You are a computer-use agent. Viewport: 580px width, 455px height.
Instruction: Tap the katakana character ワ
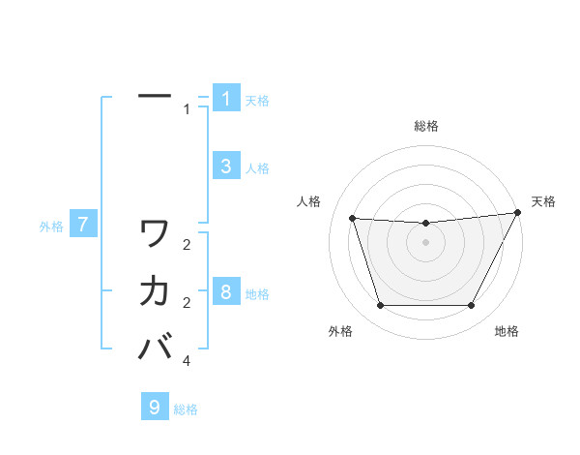[x=155, y=233]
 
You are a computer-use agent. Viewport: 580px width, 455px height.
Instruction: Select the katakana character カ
[x=155, y=290]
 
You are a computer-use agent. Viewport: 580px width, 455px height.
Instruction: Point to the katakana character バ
[x=156, y=346]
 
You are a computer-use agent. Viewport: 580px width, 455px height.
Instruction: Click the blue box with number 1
[x=225, y=99]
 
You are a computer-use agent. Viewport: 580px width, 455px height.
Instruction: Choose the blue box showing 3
[x=225, y=167]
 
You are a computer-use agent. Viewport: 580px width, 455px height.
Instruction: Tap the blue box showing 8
[x=225, y=292]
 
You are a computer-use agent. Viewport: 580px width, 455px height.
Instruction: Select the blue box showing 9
[x=154, y=408]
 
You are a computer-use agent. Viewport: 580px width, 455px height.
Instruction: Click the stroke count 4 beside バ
[x=187, y=361]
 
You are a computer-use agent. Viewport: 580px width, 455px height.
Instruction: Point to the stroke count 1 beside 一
[x=187, y=109]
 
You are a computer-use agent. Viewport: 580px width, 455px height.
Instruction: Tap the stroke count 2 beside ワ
[x=187, y=246]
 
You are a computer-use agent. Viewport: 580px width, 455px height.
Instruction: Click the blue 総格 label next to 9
[x=186, y=409]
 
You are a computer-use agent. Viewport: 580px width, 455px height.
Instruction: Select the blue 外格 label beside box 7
[x=51, y=227]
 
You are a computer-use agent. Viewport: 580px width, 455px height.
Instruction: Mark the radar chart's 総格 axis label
[x=425, y=126]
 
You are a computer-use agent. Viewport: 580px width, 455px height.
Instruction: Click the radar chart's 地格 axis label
[x=507, y=332]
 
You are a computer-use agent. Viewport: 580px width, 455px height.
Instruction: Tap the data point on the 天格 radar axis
[x=518, y=213]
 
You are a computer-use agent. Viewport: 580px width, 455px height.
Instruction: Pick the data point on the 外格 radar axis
[x=380, y=306]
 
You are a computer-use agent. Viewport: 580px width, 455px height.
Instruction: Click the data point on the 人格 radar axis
[x=352, y=219]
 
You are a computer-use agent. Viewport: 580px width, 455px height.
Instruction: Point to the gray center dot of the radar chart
[x=425, y=242]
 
